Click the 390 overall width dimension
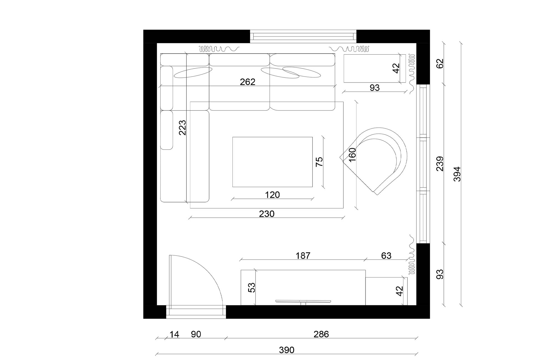pos(286,350)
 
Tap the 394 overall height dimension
pos(457,174)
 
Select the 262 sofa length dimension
pos(247,82)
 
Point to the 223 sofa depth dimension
pos(182,127)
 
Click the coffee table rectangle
pos(272,162)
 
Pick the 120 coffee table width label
pos(272,195)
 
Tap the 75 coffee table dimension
pos(319,162)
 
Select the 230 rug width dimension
pos(266,214)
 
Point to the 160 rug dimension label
pos(352,155)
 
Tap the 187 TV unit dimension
pos(303,256)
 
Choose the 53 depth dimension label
pos(252,288)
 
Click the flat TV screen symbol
pos(303,301)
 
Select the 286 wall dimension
pos(321,335)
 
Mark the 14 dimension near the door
pos(174,335)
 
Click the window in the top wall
pos(303,36)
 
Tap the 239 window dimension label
pos(440,164)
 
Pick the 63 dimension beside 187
pos(386,256)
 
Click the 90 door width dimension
pos(196,335)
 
